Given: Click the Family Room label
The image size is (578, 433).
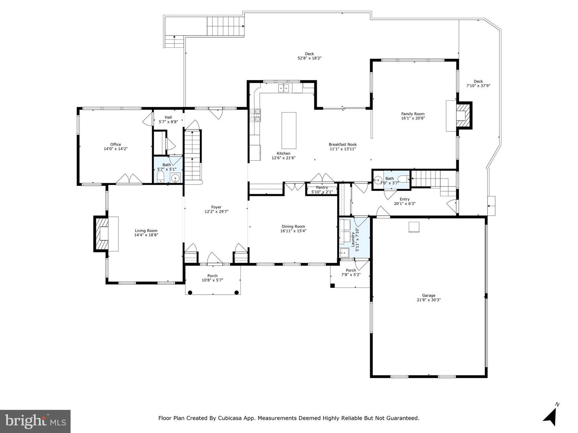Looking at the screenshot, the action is (x=413, y=114).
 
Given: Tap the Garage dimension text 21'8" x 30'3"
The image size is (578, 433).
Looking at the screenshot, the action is (x=429, y=300).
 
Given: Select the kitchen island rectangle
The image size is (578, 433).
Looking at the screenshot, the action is (x=289, y=131).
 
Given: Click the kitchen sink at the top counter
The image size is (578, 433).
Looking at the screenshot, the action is (x=284, y=88).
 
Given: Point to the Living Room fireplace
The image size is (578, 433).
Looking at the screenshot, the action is (x=102, y=234).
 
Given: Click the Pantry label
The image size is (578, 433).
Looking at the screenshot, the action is (x=322, y=188).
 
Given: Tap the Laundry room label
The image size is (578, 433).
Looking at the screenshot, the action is (x=352, y=239).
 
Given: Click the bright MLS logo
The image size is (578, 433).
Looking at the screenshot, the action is (x=35, y=421).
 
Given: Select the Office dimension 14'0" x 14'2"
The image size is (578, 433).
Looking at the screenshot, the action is (x=116, y=149).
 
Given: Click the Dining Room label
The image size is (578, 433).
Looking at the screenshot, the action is (x=293, y=227).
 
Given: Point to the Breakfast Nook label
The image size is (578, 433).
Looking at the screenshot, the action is (x=343, y=144).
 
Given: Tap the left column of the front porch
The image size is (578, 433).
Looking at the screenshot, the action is (x=190, y=292).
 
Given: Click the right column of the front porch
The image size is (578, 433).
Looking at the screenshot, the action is (x=236, y=292).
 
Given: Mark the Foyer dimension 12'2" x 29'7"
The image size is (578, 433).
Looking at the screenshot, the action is (x=216, y=211).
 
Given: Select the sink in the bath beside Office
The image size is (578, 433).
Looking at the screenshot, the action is (x=175, y=178).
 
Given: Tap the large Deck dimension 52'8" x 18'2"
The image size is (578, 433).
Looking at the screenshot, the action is (x=309, y=58).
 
